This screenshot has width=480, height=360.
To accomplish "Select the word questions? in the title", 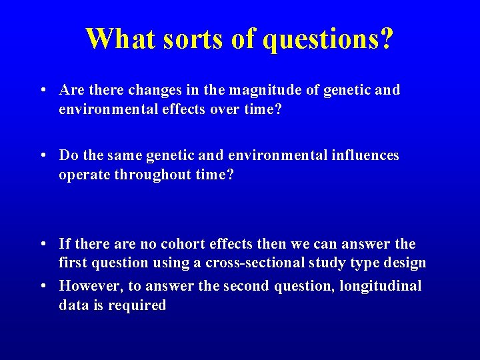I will tap(328, 40).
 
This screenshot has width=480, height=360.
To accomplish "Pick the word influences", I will tap(365, 155).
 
